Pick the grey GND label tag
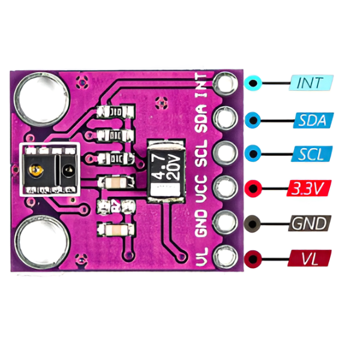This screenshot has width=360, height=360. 310,224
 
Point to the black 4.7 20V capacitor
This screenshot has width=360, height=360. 166,167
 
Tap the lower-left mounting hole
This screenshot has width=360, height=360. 40,241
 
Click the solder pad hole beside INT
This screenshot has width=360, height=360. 227,82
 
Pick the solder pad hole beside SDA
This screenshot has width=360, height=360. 227,118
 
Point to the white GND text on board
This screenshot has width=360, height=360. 202,224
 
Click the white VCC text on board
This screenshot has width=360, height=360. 203,187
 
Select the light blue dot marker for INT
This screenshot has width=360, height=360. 254,83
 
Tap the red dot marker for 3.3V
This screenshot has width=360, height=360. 255,188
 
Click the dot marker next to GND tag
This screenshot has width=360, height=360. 255,224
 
